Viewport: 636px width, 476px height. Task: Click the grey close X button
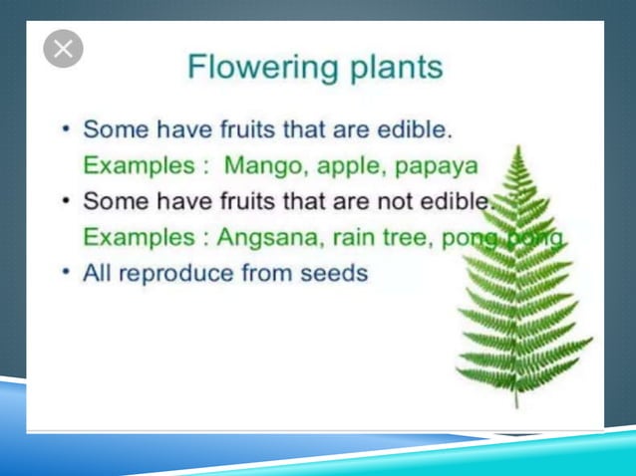[63, 49]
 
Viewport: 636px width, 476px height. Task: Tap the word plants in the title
[388, 69]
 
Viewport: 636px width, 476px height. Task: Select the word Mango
[261, 164]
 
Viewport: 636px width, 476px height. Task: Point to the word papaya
[437, 164]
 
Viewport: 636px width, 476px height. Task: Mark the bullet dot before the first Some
[65, 129]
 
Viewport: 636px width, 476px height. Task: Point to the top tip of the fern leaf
[518, 146]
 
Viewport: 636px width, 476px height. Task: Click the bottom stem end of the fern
[516, 406]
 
